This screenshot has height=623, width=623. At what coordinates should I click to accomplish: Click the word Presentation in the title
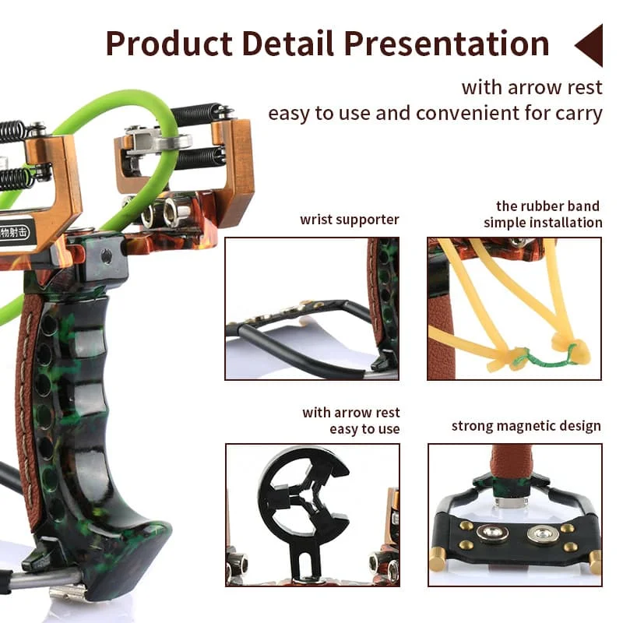[x=446, y=44]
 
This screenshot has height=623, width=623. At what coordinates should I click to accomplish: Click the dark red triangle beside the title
[x=590, y=44]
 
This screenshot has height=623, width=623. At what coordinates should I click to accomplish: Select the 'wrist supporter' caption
[x=350, y=220]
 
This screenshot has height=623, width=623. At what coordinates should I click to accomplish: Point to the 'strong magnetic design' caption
[x=526, y=426]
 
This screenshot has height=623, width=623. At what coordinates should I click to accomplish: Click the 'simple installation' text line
[x=543, y=223]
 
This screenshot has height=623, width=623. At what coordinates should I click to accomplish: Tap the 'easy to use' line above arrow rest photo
[x=364, y=429]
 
